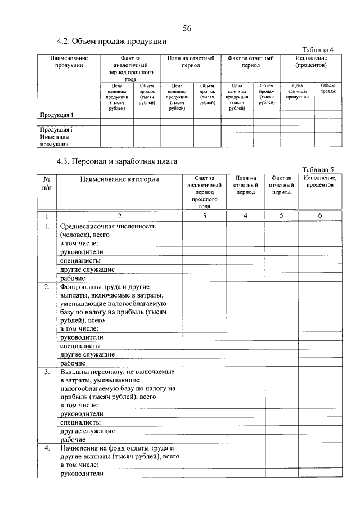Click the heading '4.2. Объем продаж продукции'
[x=112, y=42]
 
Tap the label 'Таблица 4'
[x=318, y=49]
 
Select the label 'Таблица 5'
[x=318, y=169]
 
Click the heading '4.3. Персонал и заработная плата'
[x=117, y=161]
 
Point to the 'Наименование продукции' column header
[x=69, y=62]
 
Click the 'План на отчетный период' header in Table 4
[x=191, y=62]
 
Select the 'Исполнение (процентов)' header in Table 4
[x=311, y=62]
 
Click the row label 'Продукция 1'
[x=57, y=115]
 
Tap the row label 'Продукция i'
[x=56, y=130]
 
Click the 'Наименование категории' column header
[x=119, y=179]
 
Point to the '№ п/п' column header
[x=47, y=183]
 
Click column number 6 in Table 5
[x=320, y=216]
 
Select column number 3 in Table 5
[x=204, y=216]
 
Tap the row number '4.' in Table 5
[x=47, y=448]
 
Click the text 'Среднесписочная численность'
[x=107, y=226]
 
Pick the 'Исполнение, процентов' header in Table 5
[x=320, y=182]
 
